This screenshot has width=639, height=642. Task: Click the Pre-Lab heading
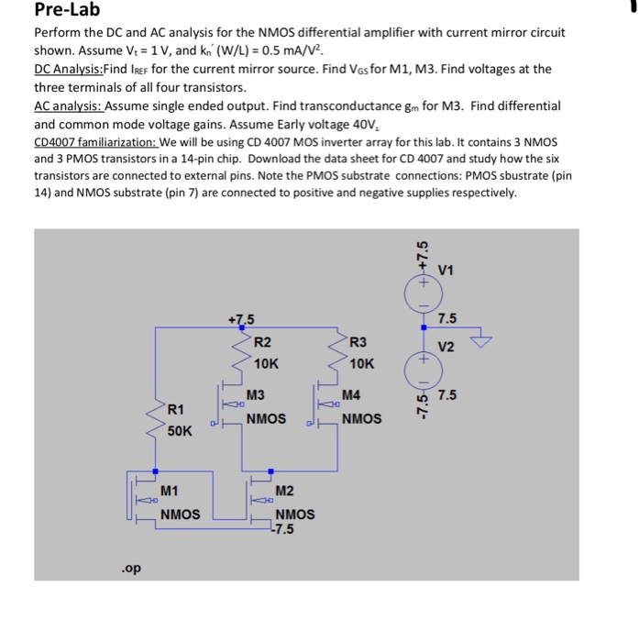tap(67, 11)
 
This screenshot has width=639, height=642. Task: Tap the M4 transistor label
tap(351, 395)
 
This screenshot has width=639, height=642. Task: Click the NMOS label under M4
tap(362, 419)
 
